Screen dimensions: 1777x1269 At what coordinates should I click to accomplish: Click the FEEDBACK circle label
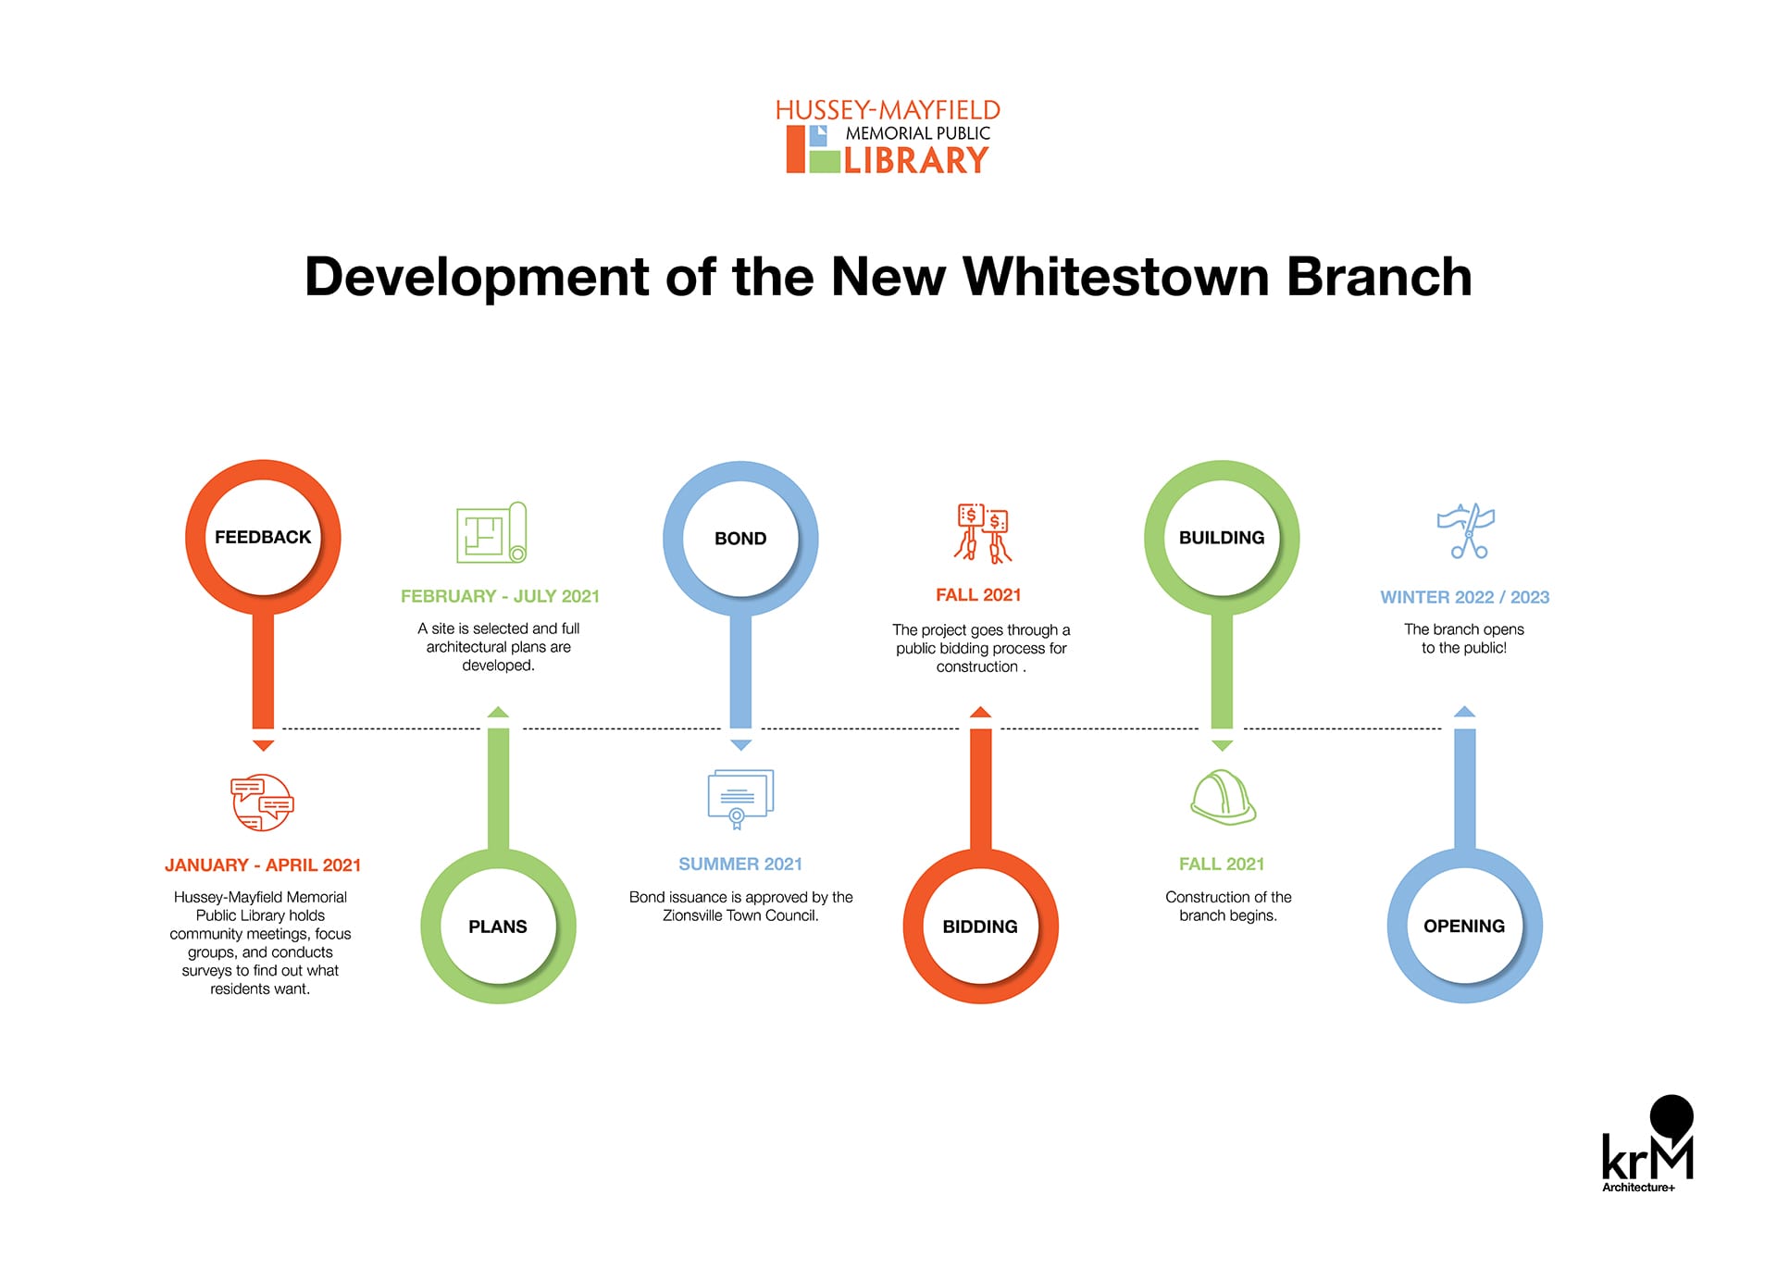coord(263,537)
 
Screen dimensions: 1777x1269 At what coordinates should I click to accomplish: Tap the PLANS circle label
coord(498,927)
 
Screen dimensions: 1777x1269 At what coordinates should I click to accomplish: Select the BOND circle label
coord(740,539)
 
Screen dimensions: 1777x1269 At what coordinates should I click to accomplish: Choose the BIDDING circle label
coord(980,927)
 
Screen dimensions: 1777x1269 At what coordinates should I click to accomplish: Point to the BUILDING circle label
coord(1222,538)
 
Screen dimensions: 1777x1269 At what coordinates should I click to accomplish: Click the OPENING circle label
coord(1464,927)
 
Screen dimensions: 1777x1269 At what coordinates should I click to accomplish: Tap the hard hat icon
coord(1223,797)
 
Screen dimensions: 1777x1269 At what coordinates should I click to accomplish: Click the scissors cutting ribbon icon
coord(1466,531)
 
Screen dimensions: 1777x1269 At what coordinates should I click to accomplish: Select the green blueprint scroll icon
coord(492,532)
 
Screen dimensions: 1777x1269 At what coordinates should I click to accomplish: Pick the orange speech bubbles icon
coord(262,802)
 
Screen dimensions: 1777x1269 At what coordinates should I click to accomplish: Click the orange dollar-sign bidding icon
coord(982,533)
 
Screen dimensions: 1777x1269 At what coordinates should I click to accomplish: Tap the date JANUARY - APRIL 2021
coord(263,865)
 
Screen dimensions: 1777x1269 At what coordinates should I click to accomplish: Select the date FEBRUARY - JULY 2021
coord(500,597)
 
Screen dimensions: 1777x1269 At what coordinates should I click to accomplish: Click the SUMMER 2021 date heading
coord(740,865)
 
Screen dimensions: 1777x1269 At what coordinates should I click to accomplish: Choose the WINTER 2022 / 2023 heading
coord(1465,598)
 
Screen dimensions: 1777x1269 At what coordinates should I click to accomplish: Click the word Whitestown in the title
coord(1116,277)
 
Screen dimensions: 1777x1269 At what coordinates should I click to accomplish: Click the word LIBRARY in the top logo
coord(916,161)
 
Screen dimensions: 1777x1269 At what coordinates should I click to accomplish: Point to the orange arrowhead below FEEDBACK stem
coord(263,745)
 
